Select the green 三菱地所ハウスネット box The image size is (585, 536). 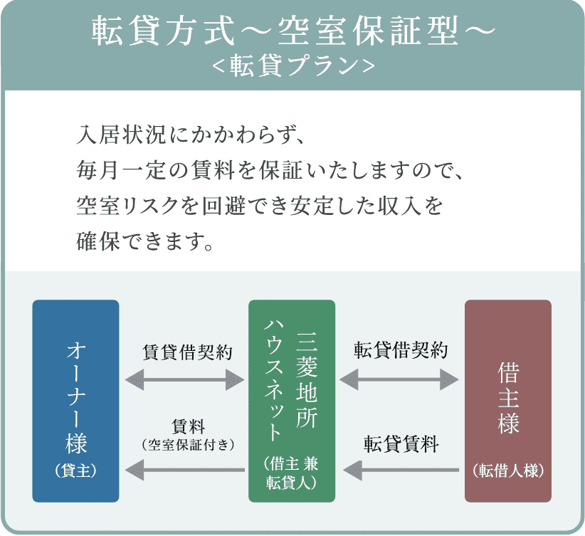pyautogui.click(x=291, y=401)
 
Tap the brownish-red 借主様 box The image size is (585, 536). pyautogui.click(x=507, y=401)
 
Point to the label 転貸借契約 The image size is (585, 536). pyautogui.click(x=401, y=351)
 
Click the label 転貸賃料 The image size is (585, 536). pyautogui.click(x=401, y=446)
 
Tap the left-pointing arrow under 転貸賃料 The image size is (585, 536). pyautogui.click(x=399, y=469)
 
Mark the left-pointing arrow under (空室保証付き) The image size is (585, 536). pyautogui.click(x=185, y=469)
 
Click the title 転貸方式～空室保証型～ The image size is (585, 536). pyautogui.click(x=292, y=31)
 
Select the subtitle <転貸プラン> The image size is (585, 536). pyautogui.click(x=292, y=65)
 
